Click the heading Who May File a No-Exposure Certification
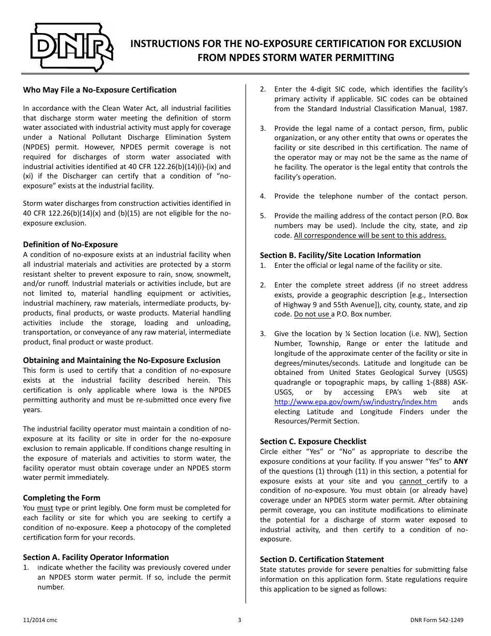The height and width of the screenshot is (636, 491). click(x=99, y=90)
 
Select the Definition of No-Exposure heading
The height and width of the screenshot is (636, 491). click(x=70, y=245)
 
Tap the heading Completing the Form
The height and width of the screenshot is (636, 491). click(x=62, y=498)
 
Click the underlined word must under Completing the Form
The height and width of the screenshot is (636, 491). click(x=45, y=508)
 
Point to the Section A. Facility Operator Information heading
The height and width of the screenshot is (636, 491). click(x=96, y=557)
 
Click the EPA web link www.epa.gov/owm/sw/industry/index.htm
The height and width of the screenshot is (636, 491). click(x=355, y=402)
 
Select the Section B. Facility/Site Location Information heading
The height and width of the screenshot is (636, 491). click(x=340, y=255)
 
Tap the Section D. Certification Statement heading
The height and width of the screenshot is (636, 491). click(x=321, y=559)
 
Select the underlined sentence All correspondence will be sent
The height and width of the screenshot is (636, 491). click(x=370, y=235)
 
